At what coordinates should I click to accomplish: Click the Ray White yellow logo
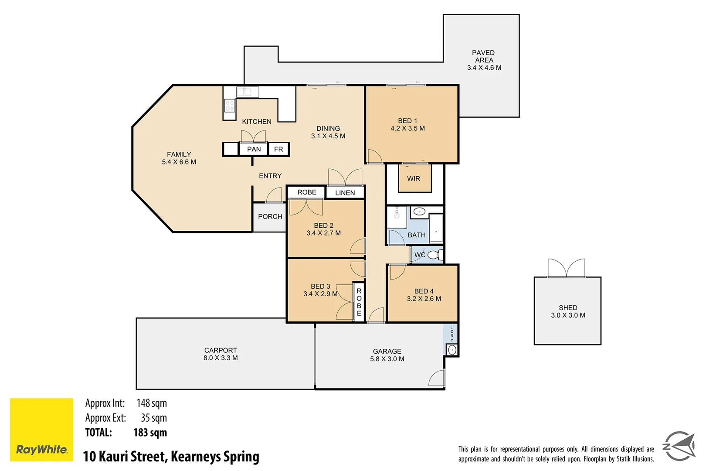41,429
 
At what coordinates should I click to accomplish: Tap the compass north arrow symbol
679,446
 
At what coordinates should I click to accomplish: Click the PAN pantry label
254,149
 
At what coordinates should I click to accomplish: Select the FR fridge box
278,149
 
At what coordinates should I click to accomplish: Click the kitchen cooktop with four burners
230,106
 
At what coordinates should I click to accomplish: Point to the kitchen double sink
248,92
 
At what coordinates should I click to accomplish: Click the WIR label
414,179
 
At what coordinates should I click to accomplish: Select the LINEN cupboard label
345,193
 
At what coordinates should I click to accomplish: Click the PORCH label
270,216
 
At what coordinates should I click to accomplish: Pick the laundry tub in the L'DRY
452,350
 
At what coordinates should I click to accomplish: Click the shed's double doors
566,268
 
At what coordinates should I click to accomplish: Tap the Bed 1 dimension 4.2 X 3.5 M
407,128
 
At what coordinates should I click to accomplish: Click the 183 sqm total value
150,433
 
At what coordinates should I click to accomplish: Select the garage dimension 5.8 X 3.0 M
387,359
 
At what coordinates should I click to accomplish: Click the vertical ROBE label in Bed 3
359,302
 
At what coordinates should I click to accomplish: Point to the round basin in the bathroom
419,212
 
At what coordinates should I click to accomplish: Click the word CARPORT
221,350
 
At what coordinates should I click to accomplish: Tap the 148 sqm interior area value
151,403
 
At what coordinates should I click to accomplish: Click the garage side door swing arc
437,378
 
